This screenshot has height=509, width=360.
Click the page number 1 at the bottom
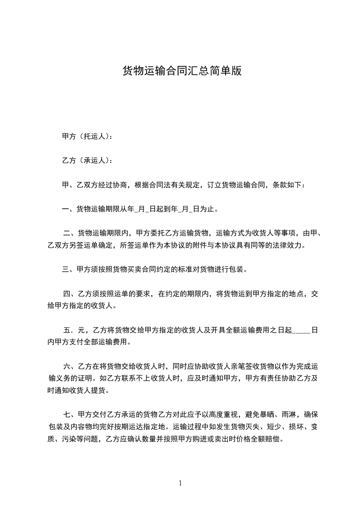(x=180, y=483)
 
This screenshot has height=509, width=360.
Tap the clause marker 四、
(x=70, y=294)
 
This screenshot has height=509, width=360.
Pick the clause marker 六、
(x=70, y=366)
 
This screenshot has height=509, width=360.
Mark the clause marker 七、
(x=70, y=415)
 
